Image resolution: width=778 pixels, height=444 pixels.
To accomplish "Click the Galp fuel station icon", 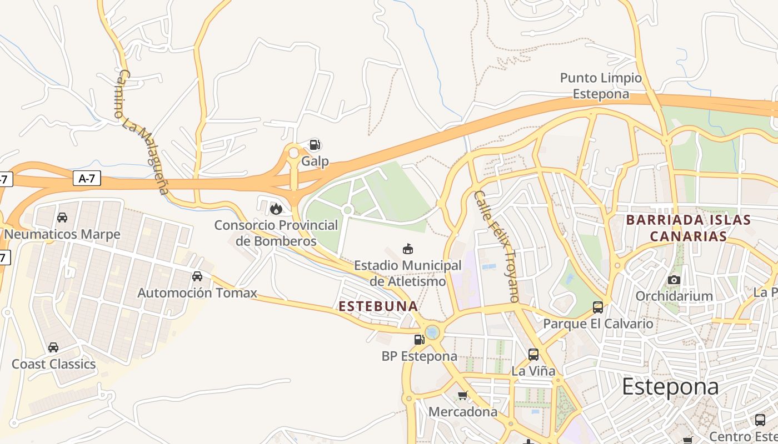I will (315, 145).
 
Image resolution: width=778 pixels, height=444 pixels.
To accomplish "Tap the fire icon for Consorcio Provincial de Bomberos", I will (276, 209).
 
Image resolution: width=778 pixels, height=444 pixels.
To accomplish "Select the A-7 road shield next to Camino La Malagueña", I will (87, 178).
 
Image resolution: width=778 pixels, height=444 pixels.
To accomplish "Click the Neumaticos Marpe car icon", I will (62, 218).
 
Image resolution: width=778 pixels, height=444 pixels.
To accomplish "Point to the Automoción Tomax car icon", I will (197, 276).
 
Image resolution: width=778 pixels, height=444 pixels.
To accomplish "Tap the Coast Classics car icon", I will (53, 347).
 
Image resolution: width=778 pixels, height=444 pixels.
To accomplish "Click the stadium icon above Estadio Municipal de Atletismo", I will (408, 249).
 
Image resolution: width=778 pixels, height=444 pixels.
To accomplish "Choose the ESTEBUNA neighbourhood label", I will (378, 306).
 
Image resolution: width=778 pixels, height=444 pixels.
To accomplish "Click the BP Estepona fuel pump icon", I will (419, 339).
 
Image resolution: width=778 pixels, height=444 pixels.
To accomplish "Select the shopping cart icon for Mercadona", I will (462, 395).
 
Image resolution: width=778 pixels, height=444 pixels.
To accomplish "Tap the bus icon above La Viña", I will (533, 354).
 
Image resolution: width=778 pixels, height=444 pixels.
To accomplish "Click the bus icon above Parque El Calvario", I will (598, 307).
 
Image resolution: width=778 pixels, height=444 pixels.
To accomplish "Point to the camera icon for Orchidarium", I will (674, 280).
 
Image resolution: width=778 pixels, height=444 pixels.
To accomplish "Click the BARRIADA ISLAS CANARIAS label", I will (689, 228).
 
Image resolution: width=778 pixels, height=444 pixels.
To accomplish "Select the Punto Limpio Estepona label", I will (601, 86).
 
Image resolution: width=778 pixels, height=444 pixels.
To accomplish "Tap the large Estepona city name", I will (670, 387).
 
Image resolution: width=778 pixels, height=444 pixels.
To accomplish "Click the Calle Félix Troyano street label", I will (496, 246).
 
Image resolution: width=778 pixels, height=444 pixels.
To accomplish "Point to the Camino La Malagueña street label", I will (142, 132).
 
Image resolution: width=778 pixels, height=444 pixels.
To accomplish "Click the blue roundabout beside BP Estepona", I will (432, 332).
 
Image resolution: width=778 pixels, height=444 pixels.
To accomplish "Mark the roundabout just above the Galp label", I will (293, 152).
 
